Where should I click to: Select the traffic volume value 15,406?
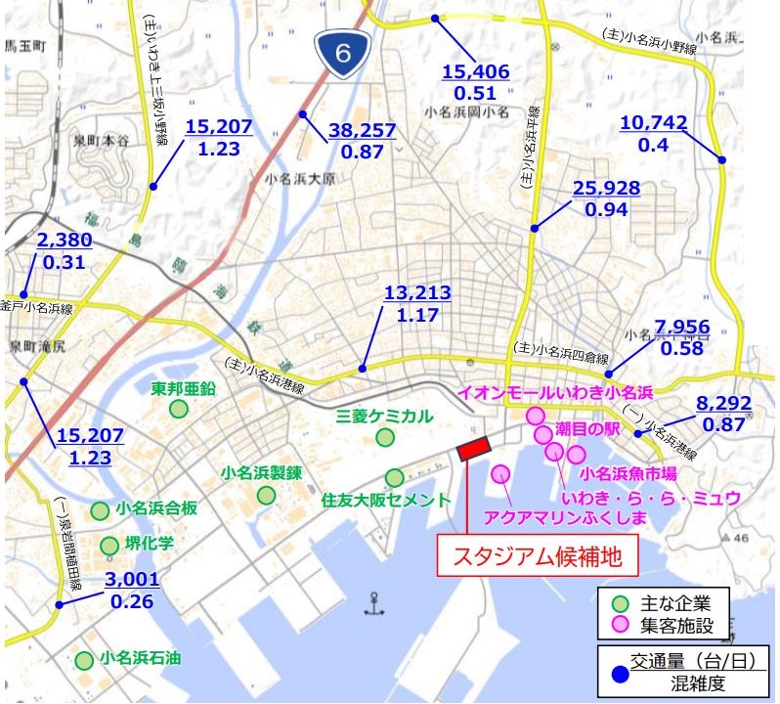(x=478, y=71)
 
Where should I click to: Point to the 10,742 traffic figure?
(x=654, y=123)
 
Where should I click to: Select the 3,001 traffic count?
(x=131, y=580)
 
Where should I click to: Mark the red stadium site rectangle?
(x=474, y=446)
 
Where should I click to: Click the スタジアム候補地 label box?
(x=536, y=558)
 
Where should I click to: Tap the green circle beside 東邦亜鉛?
(x=178, y=409)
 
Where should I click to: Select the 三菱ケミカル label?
(x=384, y=416)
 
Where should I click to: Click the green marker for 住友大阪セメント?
(x=394, y=477)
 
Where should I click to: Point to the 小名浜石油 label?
(x=138, y=659)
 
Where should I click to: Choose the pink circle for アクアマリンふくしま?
(x=501, y=474)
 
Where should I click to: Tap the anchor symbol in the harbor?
(x=369, y=602)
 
